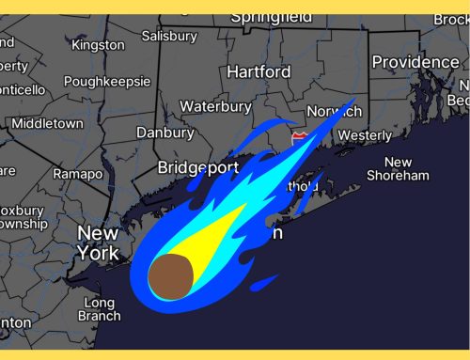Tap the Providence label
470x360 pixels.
(x=415, y=62)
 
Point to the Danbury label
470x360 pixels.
(x=164, y=133)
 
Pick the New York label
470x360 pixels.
(x=98, y=243)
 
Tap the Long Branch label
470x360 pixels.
(x=100, y=309)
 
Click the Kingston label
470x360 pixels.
(x=98, y=45)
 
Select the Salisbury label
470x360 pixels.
(x=169, y=37)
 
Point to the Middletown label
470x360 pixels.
(x=47, y=123)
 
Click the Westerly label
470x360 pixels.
(x=364, y=135)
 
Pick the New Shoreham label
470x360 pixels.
(x=399, y=169)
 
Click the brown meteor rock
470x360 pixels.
(x=171, y=274)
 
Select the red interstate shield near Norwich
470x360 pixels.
(x=299, y=137)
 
